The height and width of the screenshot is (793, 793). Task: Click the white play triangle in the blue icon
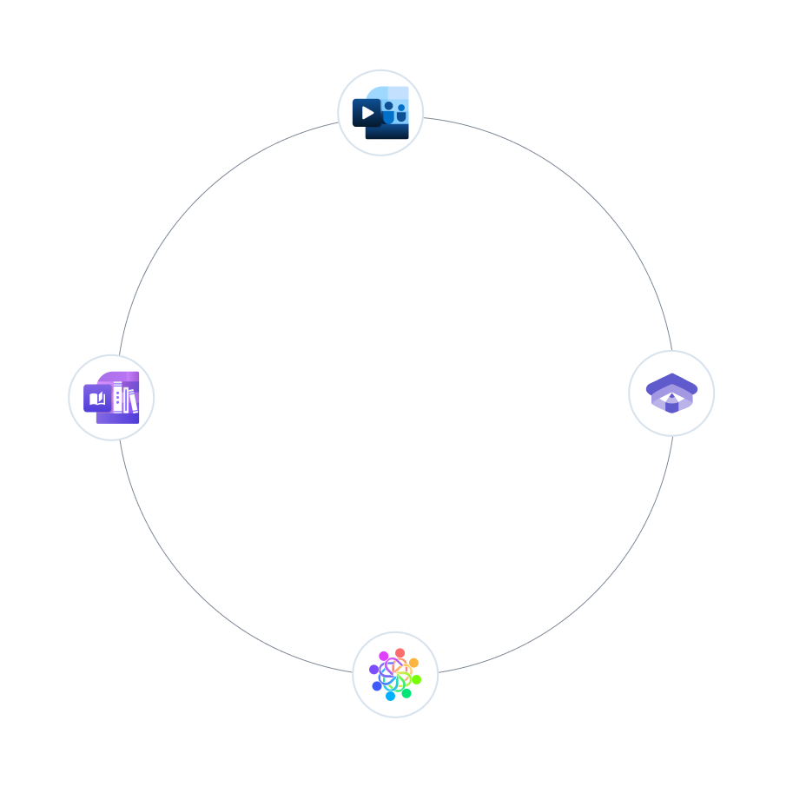pos(367,113)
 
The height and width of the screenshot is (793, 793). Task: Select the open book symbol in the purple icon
pos(97,399)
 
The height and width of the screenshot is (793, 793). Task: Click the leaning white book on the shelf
pos(133,402)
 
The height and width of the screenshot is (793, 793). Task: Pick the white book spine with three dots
pos(117,397)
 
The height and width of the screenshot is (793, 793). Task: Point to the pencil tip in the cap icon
pos(671,396)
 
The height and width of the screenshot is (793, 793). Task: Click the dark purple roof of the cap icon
pos(671,381)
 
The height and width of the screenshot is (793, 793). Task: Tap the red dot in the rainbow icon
pos(400,653)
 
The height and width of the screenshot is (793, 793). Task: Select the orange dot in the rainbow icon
pos(413,663)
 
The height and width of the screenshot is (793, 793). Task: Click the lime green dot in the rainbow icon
pos(416,679)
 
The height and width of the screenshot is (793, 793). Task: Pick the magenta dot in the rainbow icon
pos(384,656)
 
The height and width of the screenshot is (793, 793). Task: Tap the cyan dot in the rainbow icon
pos(390,696)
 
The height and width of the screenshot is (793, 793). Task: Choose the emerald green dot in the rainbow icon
pos(406,693)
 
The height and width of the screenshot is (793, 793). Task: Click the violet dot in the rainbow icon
pos(374,670)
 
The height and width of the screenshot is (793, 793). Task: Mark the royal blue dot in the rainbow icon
pos(377,686)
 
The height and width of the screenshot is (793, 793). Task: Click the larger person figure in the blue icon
pos(388,112)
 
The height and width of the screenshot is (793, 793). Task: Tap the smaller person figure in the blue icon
pos(401,113)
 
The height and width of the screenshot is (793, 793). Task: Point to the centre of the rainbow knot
pos(395,675)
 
